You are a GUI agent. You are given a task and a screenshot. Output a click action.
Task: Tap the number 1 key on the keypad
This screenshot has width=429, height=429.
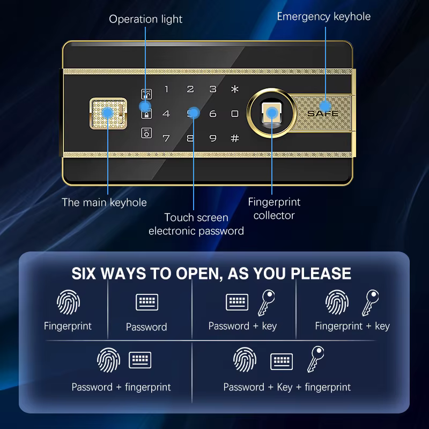tap(167, 89)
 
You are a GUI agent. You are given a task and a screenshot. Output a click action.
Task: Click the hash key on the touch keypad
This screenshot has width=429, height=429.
tap(235, 138)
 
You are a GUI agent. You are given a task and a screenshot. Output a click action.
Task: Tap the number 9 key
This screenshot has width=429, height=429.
tap(213, 138)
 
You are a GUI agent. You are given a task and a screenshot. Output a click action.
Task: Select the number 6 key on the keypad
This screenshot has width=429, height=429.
tap(213, 114)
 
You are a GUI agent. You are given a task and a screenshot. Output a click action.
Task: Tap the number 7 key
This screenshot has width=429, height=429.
tap(166, 138)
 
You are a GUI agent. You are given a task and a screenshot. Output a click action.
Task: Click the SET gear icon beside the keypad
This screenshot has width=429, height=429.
tap(146, 133)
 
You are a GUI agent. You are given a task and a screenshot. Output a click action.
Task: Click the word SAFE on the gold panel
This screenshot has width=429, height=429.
tap(323, 113)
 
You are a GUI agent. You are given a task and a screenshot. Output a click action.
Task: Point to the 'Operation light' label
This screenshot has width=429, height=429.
tap(145, 19)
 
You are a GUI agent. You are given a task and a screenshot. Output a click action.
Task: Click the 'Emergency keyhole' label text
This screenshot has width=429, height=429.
tap(324, 17)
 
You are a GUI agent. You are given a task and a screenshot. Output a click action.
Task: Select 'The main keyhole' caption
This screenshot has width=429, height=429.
tap(104, 203)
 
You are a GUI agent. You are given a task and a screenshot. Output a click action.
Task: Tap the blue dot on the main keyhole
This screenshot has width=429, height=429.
tap(108, 113)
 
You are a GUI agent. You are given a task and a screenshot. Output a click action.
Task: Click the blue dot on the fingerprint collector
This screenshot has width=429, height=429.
tap(272, 113)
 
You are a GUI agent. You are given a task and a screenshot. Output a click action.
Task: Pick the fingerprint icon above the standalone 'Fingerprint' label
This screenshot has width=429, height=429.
tap(69, 302)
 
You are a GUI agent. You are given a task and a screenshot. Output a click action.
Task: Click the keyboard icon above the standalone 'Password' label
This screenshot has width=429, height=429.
tap(147, 302)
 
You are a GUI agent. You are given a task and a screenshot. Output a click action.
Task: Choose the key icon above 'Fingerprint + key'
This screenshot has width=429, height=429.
tap(371, 303)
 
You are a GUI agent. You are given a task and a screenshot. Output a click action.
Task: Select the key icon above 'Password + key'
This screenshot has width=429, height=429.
tap(266, 303)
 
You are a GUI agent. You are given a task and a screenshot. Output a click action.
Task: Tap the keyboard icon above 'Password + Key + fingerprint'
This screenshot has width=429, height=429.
tap(282, 361)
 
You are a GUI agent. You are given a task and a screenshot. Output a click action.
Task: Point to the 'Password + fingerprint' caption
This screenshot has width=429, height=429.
tap(121, 387)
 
